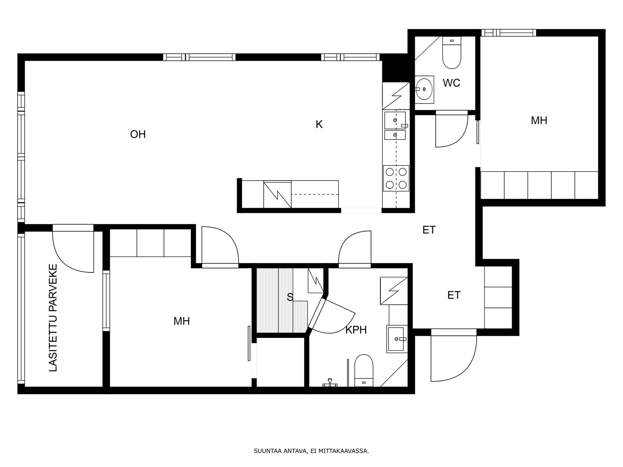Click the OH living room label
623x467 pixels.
(x=138, y=134)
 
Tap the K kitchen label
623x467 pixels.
(x=319, y=124)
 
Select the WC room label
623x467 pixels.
(x=451, y=83)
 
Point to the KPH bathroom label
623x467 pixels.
(x=356, y=330)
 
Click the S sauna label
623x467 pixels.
(x=290, y=297)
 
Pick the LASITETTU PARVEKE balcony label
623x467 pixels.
(x=53, y=318)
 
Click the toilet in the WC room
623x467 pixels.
(x=452, y=53)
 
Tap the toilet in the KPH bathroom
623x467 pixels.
(x=364, y=370)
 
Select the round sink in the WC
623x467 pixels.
(x=424, y=89)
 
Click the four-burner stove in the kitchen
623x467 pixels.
(x=396, y=178)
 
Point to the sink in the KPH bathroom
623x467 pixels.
(x=397, y=339)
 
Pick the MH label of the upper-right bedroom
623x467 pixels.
(x=539, y=121)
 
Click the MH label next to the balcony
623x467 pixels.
(x=182, y=321)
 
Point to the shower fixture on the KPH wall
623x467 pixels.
(x=330, y=383)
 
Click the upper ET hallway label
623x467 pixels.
(x=429, y=230)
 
